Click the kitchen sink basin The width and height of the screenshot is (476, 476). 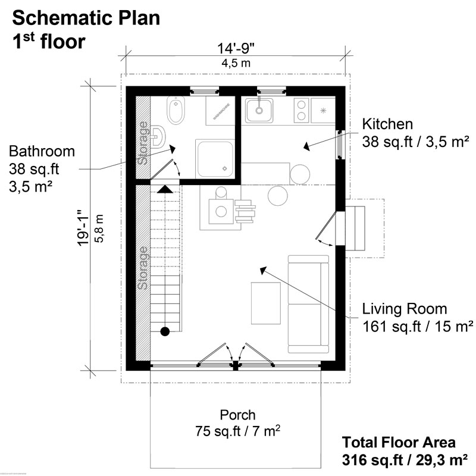pos(259,109)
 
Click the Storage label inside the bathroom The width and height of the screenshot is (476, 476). pos(143,142)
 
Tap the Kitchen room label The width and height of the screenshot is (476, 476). pos(387,124)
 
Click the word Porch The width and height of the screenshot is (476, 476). pos(237,415)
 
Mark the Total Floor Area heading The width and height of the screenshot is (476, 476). pos(399,443)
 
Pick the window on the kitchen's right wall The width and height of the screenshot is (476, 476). pos(340,144)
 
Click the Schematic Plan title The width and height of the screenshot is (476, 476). pos(86,18)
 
